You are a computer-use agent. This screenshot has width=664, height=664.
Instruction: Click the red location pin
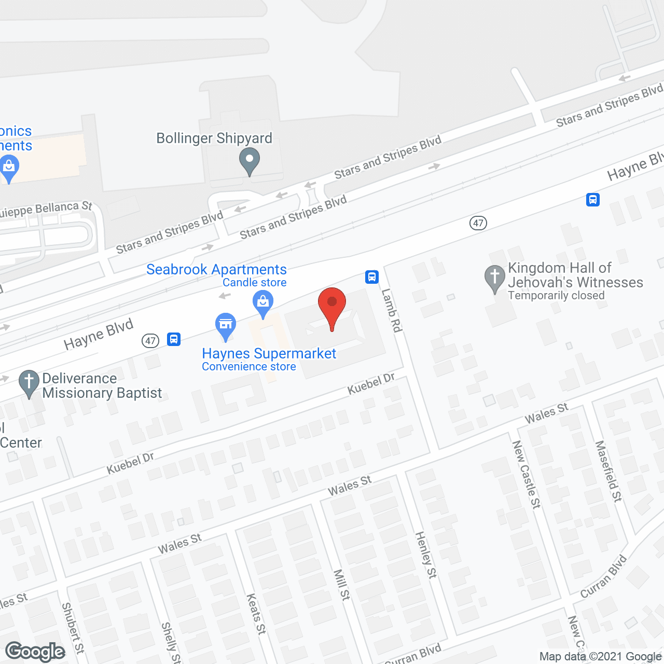click(x=332, y=306)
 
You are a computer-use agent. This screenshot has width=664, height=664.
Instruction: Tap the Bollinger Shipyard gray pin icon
click(x=250, y=160)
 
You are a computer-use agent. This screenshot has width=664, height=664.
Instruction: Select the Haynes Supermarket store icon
click(x=226, y=325)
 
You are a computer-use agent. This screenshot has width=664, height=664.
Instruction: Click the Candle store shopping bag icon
click(x=263, y=302)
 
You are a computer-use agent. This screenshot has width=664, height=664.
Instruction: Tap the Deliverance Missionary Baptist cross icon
click(x=29, y=383)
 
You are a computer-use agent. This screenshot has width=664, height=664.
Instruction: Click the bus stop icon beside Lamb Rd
click(x=372, y=276)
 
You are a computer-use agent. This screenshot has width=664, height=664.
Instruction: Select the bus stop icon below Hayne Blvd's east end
click(x=593, y=199)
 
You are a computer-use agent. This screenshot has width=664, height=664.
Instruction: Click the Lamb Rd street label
click(x=392, y=310)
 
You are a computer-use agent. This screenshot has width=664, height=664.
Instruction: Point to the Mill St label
click(x=342, y=585)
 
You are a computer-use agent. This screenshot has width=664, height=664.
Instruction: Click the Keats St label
click(x=256, y=614)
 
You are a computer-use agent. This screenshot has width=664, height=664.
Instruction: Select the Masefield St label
click(x=608, y=471)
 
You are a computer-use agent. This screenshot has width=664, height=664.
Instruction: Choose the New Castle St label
click(x=527, y=474)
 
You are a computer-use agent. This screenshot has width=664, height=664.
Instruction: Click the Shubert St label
click(x=73, y=628)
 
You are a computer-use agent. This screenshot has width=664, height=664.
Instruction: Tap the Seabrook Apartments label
click(x=216, y=269)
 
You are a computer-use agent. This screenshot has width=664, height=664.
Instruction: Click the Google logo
click(x=35, y=652)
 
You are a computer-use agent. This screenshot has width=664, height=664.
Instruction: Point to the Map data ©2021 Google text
click(x=600, y=657)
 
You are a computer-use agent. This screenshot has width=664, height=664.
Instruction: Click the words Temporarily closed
click(x=556, y=296)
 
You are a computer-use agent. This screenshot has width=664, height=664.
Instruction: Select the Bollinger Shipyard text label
click(x=214, y=138)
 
